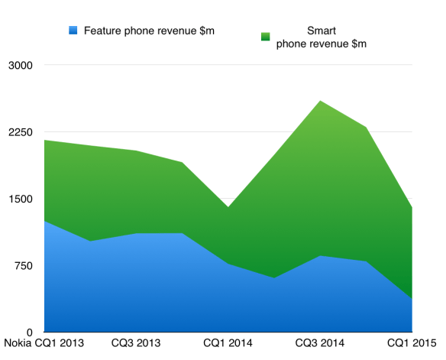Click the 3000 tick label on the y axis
[x=19, y=65]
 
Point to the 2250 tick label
[x=19, y=132]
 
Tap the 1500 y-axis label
[x=19, y=199]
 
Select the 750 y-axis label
[x=22, y=266]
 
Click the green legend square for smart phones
[x=266, y=37]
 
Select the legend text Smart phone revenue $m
[x=321, y=37]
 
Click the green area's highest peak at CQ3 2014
[x=320, y=101]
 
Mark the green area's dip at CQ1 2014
[x=228, y=207]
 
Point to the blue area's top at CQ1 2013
[x=45, y=221]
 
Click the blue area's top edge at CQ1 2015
[x=412, y=299]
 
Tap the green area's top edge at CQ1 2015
[x=412, y=207]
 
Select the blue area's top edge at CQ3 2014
[x=320, y=256]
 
